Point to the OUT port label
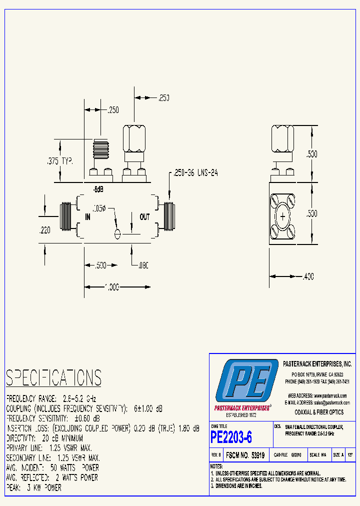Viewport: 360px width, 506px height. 144,217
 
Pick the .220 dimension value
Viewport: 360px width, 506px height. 45,230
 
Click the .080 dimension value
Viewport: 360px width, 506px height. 144,266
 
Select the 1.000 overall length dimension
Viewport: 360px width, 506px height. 112,287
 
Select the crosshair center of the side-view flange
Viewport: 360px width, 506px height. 283,217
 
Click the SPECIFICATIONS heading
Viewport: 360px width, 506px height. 53,377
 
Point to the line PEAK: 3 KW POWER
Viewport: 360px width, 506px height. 34,487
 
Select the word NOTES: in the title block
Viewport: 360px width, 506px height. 216,466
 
